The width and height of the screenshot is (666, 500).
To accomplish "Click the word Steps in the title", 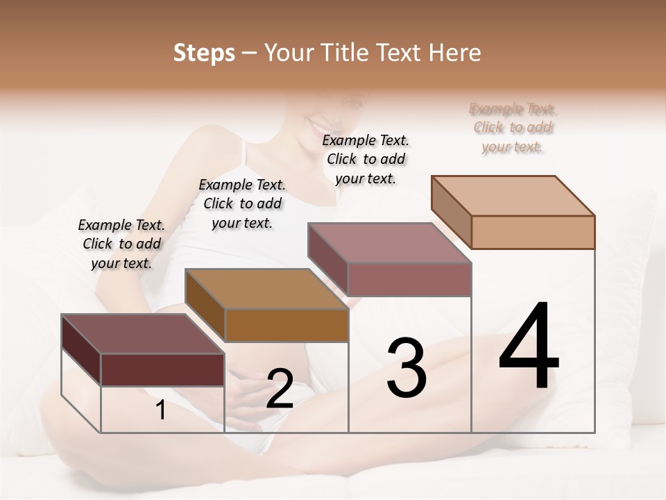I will pos(204,53).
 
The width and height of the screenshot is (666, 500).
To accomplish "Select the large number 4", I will pos(529,347).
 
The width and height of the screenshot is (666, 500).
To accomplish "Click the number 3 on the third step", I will pos(407,368).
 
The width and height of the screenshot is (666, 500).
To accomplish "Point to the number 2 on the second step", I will pos(280,389).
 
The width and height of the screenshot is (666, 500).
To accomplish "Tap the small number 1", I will pos(161,410).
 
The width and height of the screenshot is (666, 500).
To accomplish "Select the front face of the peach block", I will pos(533,232).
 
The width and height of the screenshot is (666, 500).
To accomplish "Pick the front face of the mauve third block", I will pos(409,279).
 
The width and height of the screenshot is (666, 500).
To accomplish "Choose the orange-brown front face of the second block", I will pos(287,325).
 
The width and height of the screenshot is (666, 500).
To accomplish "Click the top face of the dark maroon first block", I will pos(143,334).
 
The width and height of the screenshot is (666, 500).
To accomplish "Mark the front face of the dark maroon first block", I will pos(162,369).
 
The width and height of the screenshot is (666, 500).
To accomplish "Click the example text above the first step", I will pos(121,244).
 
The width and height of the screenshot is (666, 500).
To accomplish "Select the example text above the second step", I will pos(242,203).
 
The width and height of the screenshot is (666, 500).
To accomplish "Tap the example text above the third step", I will pos(366,159).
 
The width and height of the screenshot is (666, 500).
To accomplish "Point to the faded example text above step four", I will pos(513,128).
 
